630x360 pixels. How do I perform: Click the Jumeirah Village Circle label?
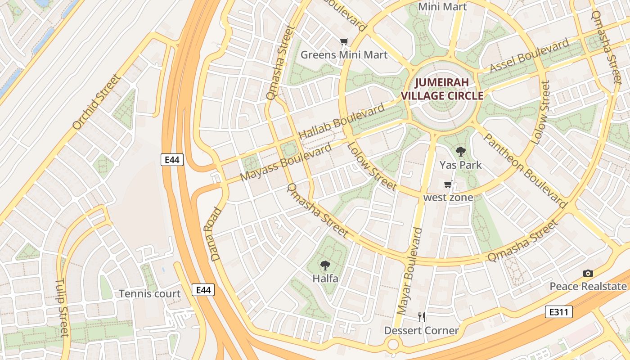[442, 89]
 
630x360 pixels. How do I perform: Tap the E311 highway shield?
[558, 312]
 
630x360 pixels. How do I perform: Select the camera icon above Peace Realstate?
[588, 273]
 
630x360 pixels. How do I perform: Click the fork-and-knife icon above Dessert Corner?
[422, 317]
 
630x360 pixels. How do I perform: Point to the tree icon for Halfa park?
[325, 265]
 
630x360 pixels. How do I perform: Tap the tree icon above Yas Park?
[460, 152]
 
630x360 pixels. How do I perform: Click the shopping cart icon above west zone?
[448, 184]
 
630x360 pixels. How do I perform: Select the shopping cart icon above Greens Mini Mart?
[344, 42]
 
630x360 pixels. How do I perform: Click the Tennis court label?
[150, 294]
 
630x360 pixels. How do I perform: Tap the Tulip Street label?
[62, 308]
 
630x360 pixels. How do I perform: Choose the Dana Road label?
[216, 234]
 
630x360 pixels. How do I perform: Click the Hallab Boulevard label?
[342, 121]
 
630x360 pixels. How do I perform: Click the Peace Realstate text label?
[588, 286]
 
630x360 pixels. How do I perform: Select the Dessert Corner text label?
[421, 331]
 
